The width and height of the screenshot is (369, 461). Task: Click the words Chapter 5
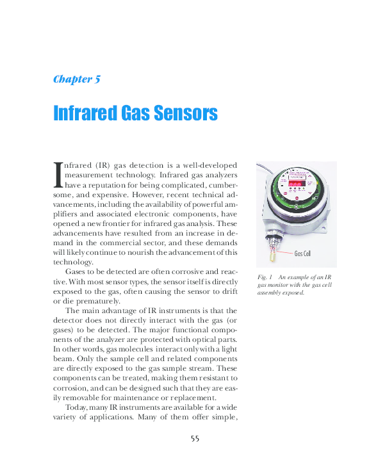tap(76, 79)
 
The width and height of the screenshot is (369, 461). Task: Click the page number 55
tap(195, 438)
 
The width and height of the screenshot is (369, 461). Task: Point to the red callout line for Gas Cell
tap(287, 253)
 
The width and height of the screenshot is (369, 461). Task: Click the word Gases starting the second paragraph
tap(77, 271)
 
